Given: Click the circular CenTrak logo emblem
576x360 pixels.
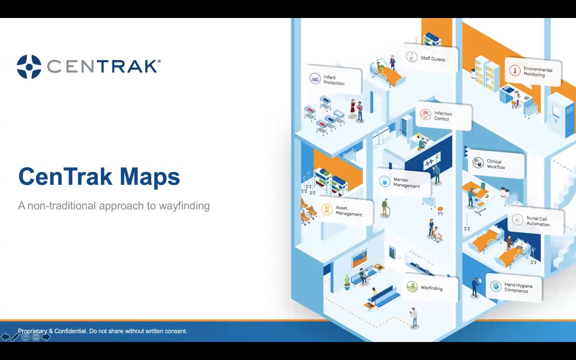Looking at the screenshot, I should [x=29, y=67].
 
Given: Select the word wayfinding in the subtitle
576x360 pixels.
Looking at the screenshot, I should [x=184, y=206].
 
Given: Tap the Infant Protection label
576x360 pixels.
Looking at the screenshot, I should [x=334, y=80].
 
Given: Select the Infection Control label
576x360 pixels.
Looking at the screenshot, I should [x=443, y=116].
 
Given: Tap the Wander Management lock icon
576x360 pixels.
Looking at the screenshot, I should [x=384, y=181].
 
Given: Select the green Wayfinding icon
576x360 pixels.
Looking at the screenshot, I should [x=412, y=287].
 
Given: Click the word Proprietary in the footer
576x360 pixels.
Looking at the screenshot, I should [x=32, y=331].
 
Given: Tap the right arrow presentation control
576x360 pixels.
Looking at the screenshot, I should [x=46, y=337].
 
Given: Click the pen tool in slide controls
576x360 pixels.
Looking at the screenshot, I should [x=15, y=337].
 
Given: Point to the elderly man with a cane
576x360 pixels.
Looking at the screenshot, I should [x=385, y=208].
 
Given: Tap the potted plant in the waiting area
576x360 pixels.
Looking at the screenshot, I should [x=347, y=282].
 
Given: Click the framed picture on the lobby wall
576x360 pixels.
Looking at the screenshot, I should [x=360, y=260].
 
